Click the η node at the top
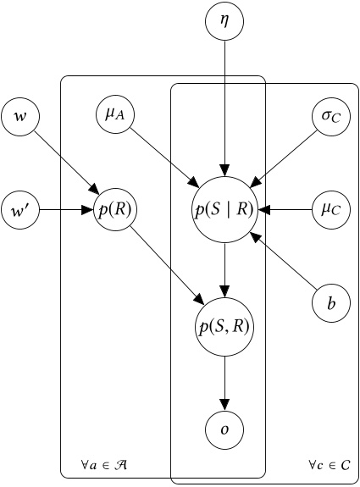(x=224, y=22)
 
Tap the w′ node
(x=21, y=208)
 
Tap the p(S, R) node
(x=224, y=325)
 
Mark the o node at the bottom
(x=224, y=430)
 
